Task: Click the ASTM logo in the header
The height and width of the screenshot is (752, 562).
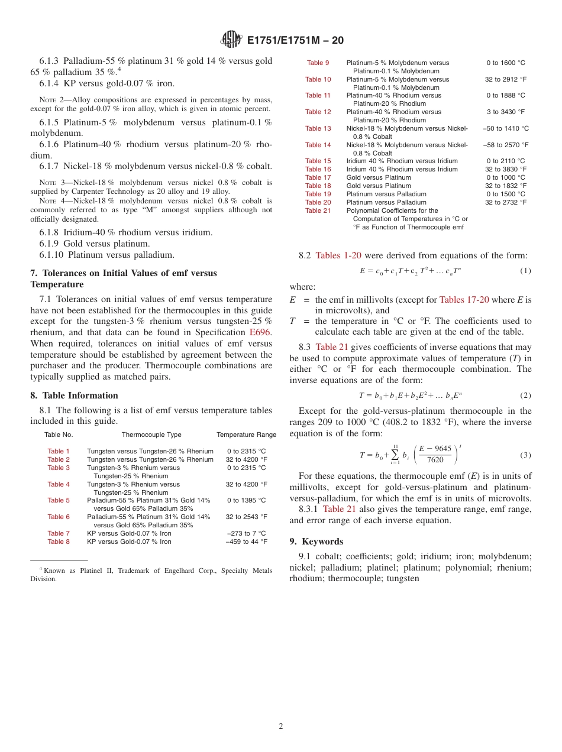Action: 231,40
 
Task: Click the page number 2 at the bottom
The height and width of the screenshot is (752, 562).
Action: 281,726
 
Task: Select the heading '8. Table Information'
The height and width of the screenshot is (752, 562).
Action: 74,396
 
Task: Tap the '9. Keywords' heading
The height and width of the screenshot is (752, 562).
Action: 316,542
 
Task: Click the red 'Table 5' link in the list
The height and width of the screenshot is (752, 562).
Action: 59,500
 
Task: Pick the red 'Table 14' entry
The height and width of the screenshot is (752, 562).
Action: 318,145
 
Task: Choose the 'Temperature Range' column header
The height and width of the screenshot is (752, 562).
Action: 246,435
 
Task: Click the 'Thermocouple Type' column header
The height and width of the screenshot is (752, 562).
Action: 151,435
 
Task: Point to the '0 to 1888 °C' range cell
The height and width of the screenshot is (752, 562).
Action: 505,95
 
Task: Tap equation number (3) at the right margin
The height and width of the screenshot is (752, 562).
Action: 525,455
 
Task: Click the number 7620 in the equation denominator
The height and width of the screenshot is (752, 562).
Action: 435,460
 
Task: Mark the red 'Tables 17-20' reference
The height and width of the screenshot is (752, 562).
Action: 464,300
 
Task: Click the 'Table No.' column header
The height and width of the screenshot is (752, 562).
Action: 59,435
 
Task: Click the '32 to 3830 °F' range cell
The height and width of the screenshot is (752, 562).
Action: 505,169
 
